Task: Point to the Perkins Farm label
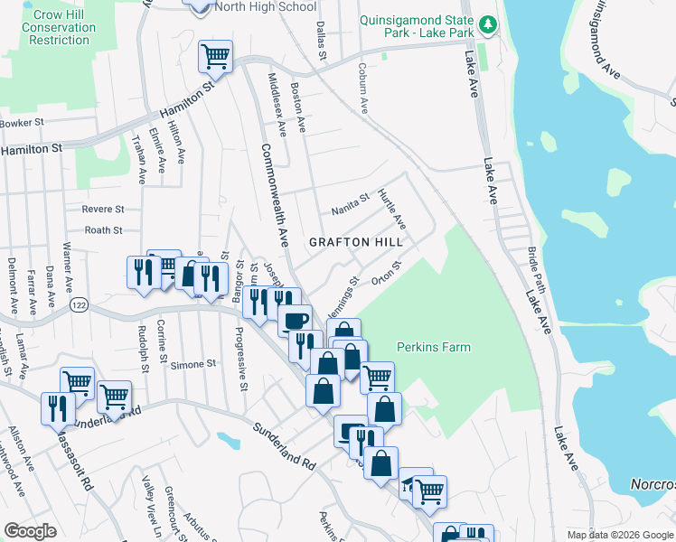click(x=433, y=347)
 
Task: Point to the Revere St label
click(x=102, y=209)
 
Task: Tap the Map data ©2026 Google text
click(x=619, y=535)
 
